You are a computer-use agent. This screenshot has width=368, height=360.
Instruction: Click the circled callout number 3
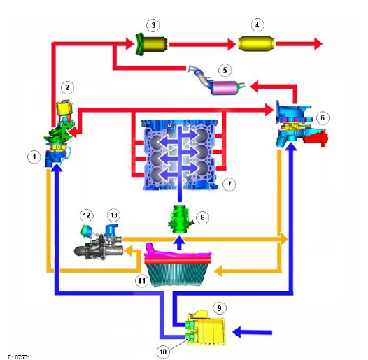click(x=153, y=25)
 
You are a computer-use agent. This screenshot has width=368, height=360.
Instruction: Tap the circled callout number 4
click(x=257, y=24)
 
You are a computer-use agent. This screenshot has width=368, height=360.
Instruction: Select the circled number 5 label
click(x=225, y=70)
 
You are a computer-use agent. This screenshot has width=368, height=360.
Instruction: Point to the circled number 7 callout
click(x=229, y=184)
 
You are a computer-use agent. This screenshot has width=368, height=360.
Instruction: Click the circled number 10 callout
click(x=163, y=352)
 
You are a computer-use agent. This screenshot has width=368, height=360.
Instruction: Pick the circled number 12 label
click(x=87, y=215)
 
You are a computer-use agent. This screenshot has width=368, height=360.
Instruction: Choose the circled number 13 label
click(x=113, y=215)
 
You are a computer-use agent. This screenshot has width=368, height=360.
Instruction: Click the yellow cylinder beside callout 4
click(x=256, y=43)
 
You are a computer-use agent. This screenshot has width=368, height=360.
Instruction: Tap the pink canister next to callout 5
click(x=225, y=88)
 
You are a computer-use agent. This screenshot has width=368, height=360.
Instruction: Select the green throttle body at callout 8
click(x=181, y=219)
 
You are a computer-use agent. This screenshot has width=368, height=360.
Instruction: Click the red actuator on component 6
click(x=316, y=138)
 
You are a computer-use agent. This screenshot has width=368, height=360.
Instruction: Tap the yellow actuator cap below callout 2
click(x=64, y=108)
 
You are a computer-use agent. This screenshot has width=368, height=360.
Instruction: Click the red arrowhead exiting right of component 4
click(x=318, y=43)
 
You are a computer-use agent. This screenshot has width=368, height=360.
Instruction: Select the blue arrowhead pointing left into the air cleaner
click(x=236, y=332)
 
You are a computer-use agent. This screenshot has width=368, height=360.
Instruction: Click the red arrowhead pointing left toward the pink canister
click(x=254, y=86)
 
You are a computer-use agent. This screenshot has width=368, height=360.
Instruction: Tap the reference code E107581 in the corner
click(x=19, y=357)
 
